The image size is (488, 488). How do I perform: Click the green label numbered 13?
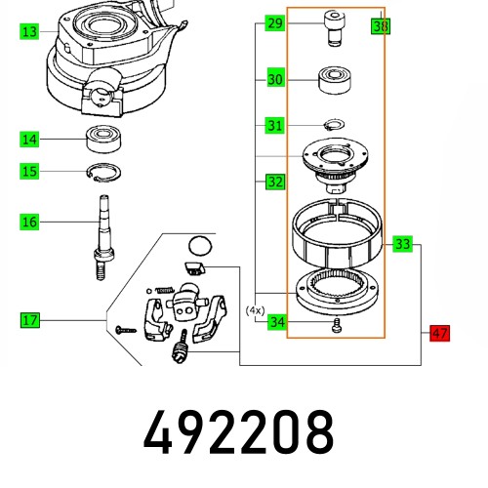pyautogui.click(x=30, y=32)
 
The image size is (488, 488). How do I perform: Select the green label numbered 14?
pyautogui.click(x=30, y=140)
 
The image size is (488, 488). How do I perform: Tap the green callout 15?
pyautogui.click(x=30, y=172)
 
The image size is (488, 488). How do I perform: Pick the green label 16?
pyautogui.click(x=30, y=223)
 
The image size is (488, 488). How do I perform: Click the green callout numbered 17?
pyautogui.click(x=30, y=319)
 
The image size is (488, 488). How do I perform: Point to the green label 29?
pyautogui.click(x=275, y=22)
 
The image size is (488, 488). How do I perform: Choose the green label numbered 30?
pyautogui.click(x=275, y=79)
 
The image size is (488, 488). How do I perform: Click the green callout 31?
pyautogui.click(x=275, y=125)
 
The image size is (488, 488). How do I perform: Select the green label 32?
pyautogui.click(x=275, y=182)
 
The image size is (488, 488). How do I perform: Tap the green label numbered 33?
pyautogui.click(x=403, y=243)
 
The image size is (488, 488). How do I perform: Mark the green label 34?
pyautogui.click(x=276, y=322)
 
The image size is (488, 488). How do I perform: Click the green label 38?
pyautogui.click(x=380, y=26)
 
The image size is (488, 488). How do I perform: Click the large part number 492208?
pyautogui.click(x=238, y=430)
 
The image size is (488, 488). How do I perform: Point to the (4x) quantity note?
pyautogui.click(x=256, y=309)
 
